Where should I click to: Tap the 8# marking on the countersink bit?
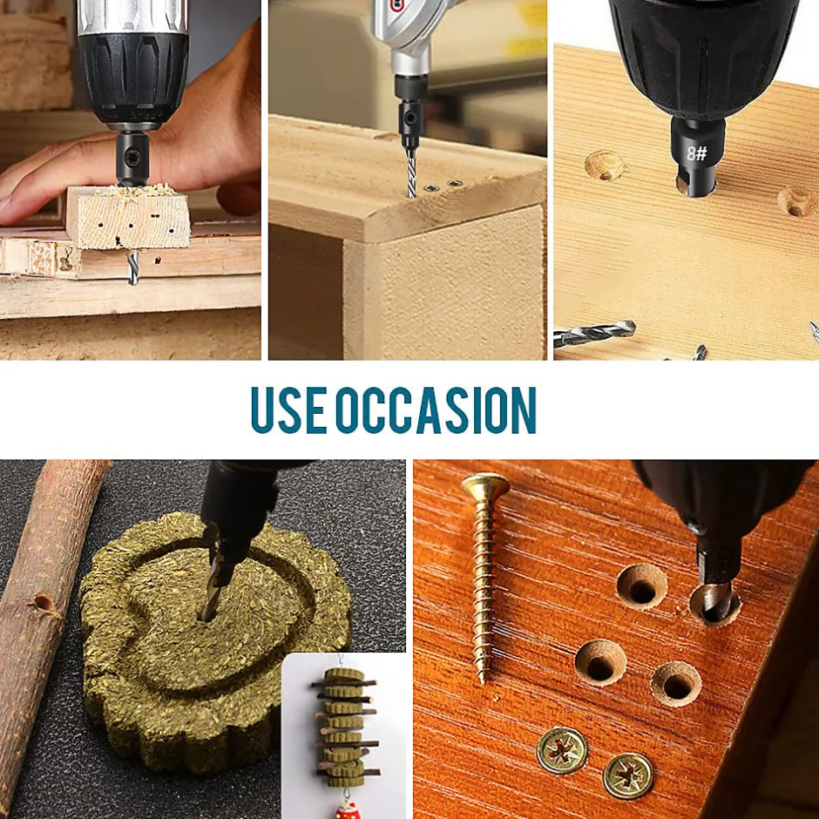696,153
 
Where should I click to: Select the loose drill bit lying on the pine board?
594,333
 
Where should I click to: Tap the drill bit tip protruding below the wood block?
133,268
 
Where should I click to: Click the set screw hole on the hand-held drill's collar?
133,156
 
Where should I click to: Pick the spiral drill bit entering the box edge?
411,173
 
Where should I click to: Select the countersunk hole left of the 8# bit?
605,165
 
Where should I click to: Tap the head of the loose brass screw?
485,484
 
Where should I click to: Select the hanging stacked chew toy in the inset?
345,726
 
